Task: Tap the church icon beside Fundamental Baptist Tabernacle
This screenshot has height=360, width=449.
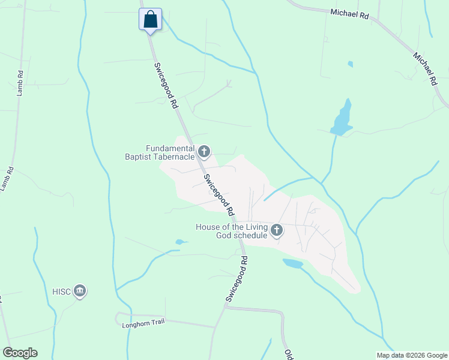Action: (204, 152)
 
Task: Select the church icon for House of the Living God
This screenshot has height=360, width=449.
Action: (277, 230)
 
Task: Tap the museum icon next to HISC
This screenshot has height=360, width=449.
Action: (80, 292)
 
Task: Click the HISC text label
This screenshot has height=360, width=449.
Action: (62, 292)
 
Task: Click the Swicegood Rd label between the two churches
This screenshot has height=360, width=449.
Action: (218, 195)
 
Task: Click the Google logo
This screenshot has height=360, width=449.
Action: (20, 353)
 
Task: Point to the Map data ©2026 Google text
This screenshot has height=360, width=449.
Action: (411, 355)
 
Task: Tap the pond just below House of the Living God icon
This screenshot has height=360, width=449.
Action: (293, 263)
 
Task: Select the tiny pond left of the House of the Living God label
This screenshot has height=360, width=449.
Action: (179, 242)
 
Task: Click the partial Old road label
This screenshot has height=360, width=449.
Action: (288, 354)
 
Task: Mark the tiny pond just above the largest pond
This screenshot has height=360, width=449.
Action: (350, 64)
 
